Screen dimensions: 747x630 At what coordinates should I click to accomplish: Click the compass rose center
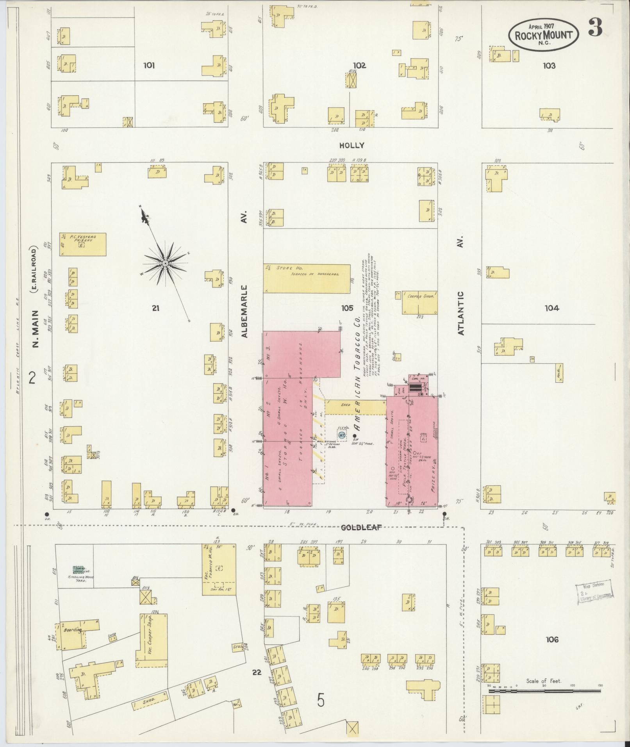pos(165,264)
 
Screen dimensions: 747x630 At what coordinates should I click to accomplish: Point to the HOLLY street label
pos(352,145)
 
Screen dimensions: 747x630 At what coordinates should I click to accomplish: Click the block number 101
pos(149,66)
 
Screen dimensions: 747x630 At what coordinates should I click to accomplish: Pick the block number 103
pos(549,66)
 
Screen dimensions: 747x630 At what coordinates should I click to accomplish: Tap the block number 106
pos(552,640)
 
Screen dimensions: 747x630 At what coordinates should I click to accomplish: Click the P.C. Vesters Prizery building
pos(83,244)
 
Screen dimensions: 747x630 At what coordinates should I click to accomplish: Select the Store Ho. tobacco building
pos(307,278)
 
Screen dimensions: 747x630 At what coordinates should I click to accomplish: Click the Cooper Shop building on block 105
pos(420,303)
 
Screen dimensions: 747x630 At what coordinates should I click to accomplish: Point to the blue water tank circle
pos(342,435)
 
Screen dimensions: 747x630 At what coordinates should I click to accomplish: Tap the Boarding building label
pos(73,630)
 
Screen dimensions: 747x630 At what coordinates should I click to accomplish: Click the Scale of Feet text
pos(543,681)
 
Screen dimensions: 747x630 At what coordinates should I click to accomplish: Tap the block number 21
pos(155,308)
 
